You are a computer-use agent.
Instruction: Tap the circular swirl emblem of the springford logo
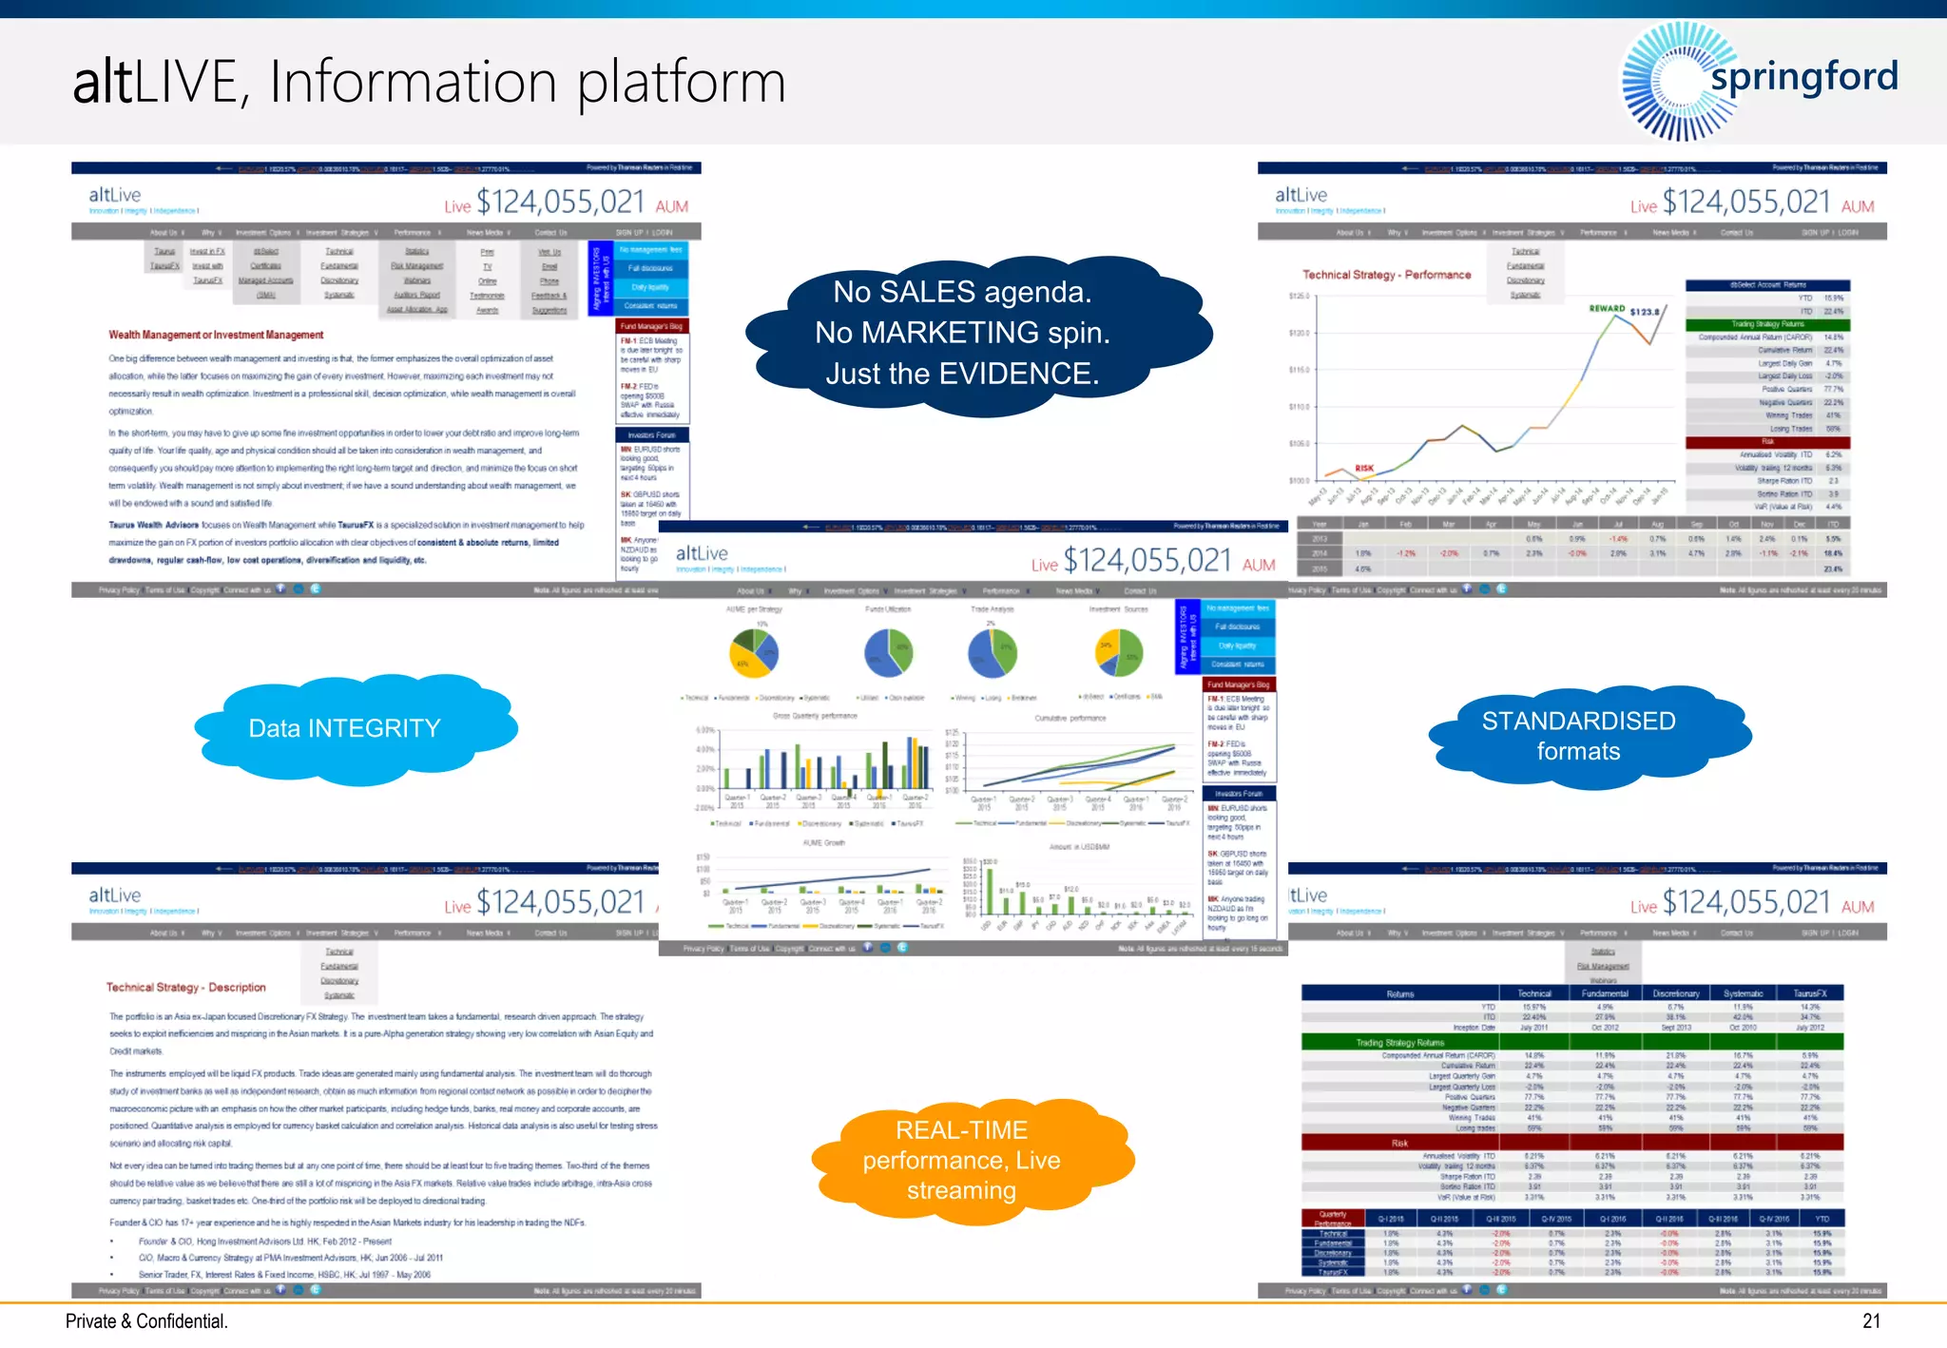point(1673,82)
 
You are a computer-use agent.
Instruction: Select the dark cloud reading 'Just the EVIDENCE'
point(962,334)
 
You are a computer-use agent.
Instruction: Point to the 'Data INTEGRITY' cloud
point(345,728)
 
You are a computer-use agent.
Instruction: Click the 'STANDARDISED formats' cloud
point(1578,736)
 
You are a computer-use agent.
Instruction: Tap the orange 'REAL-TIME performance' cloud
point(962,1160)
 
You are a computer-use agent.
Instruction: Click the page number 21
point(1871,1321)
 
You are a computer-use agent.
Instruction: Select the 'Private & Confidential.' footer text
point(146,1321)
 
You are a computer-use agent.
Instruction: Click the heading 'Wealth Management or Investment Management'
point(216,336)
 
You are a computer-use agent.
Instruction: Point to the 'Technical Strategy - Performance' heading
point(1386,275)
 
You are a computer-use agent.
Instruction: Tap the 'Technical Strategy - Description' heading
point(185,988)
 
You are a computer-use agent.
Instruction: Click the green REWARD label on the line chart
point(1607,309)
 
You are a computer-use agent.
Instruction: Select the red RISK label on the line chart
point(1364,468)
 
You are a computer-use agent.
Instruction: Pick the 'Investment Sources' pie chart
point(1118,652)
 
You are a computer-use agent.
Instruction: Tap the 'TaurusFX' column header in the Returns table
point(1809,993)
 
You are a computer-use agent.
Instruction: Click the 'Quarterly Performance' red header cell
point(1332,1219)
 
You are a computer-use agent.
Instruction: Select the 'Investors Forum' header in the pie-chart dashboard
point(1239,793)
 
